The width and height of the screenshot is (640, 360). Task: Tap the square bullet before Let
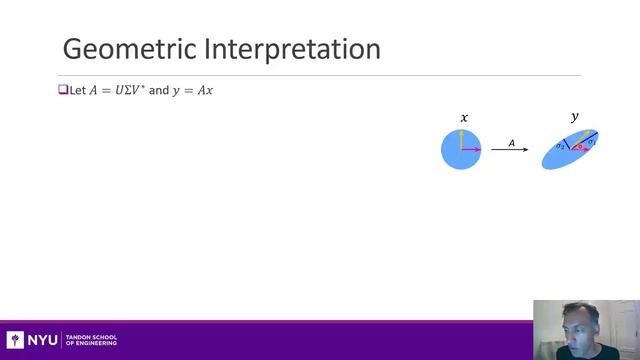(61, 90)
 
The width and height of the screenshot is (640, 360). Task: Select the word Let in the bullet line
(77, 90)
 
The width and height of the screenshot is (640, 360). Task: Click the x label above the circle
(463, 118)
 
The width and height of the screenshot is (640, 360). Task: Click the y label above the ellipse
(574, 118)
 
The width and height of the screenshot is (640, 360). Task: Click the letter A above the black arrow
(512, 143)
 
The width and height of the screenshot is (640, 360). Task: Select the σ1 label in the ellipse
(591, 142)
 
